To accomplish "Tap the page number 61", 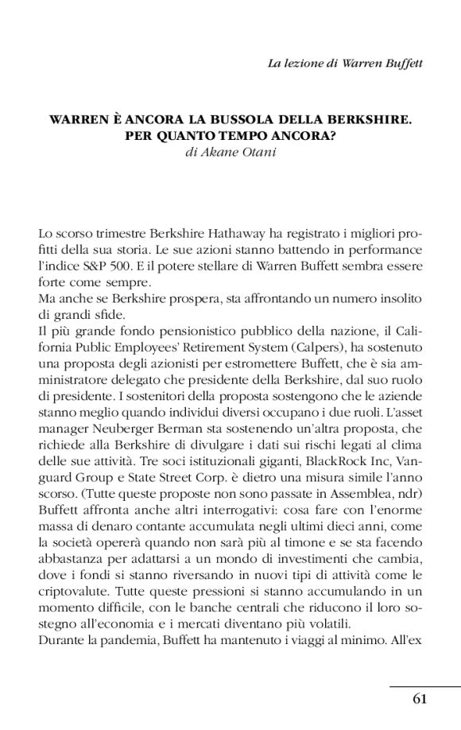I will click(420, 699).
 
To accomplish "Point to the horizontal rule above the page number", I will click(424, 685).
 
